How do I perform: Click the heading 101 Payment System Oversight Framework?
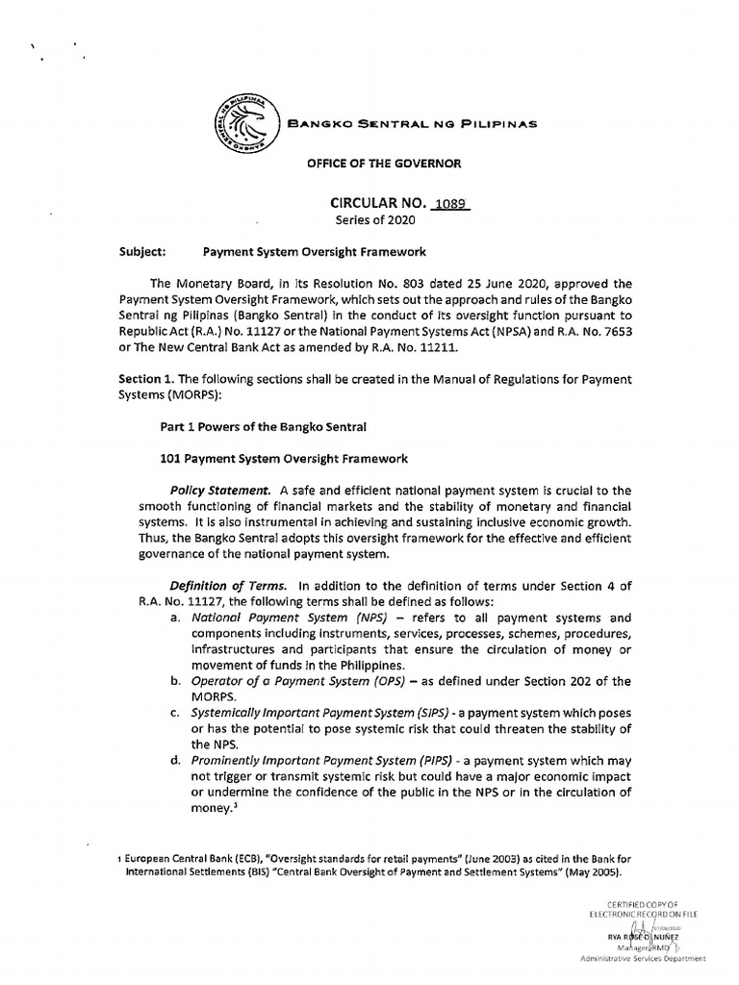click(277, 459)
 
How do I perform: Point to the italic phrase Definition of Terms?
click(228, 585)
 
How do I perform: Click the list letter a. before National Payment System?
click(175, 618)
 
